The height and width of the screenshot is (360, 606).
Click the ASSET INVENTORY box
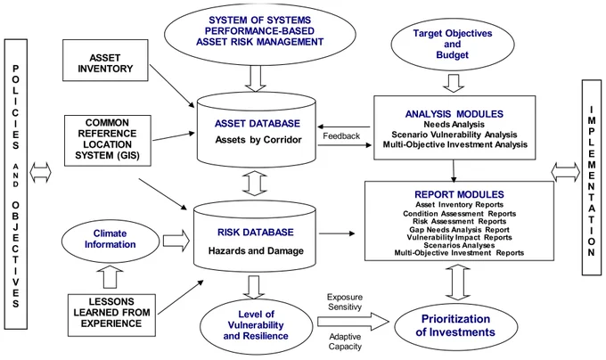point(105,61)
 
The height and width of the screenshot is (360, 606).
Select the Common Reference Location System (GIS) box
point(108,141)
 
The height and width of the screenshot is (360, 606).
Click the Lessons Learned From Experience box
point(111,315)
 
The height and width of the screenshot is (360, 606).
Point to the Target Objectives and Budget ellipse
point(453,45)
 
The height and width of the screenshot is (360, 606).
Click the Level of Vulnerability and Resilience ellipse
point(256,325)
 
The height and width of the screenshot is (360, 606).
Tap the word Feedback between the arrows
point(341,136)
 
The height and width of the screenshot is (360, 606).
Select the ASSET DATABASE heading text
point(258,124)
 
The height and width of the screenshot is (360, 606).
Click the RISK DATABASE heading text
point(256,233)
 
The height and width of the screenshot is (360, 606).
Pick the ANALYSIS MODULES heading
point(454,114)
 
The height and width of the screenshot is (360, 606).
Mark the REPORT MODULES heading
point(459,194)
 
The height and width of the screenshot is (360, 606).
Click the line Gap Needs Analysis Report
point(459,230)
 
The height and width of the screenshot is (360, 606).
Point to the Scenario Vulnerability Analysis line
point(454,135)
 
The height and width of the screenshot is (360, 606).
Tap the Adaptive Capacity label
point(345,341)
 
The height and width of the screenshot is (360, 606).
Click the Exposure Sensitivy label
point(345,302)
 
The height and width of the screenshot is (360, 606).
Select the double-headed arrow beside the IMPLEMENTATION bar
point(565,172)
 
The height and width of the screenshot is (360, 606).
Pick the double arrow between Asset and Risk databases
point(255,183)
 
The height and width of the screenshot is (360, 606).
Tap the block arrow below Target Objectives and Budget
point(454,83)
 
